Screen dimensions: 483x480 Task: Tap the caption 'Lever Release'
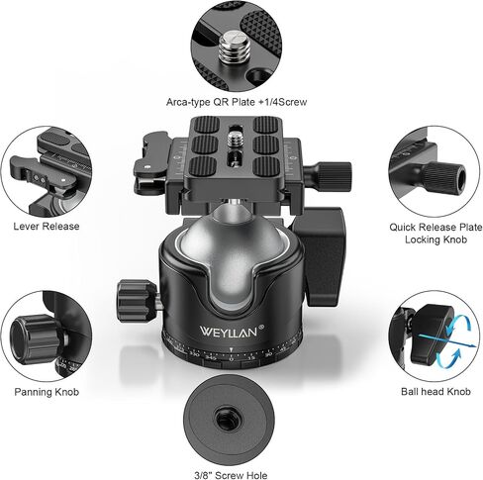(47, 227)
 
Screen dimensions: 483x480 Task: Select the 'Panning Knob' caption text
(47, 392)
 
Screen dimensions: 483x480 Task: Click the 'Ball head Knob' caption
(435, 392)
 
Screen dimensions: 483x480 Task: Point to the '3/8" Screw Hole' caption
(231, 475)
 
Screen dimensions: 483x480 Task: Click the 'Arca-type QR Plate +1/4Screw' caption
(237, 102)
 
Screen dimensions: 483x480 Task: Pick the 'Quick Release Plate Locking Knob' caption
(435, 234)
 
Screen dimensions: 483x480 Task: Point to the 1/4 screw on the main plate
(235, 140)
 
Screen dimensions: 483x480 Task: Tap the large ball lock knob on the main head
(319, 257)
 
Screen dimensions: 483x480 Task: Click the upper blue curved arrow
(457, 323)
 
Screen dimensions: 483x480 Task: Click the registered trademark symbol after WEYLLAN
(261, 327)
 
